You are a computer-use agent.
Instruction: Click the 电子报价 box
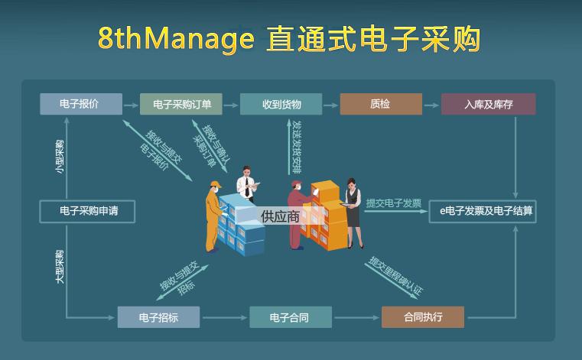(x=80, y=103)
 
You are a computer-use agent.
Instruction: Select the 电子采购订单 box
(x=180, y=104)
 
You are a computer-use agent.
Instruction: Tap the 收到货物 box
(x=281, y=104)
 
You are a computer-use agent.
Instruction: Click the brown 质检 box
(x=380, y=104)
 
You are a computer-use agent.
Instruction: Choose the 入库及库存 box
(x=488, y=104)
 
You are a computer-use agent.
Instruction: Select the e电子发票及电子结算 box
(x=482, y=210)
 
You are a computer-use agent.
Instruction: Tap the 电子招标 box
(x=158, y=316)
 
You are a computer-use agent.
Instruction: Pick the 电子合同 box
(x=289, y=316)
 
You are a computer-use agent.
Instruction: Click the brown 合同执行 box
(x=422, y=316)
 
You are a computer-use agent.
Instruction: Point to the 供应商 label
(x=279, y=216)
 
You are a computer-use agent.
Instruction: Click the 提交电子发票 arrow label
(x=393, y=203)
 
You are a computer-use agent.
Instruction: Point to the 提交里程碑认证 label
(x=395, y=276)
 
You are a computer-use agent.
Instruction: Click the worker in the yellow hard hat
(x=213, y=210)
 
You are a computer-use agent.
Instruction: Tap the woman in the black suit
(x=353, y=210)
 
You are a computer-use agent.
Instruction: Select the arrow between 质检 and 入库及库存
(x=431, y=104)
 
